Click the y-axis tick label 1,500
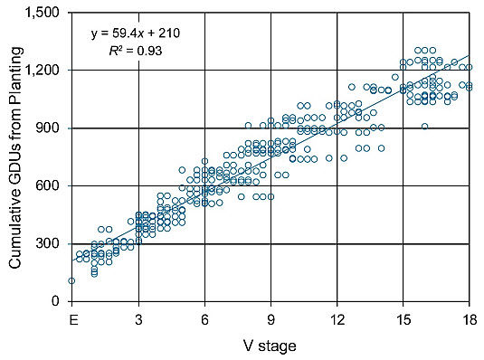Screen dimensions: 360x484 (45, 12)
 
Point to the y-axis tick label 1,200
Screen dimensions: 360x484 (45, 70)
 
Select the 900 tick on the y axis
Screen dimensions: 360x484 (52, 128)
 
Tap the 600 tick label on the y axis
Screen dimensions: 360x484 (52, 185)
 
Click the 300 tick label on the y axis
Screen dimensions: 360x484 (52, 243)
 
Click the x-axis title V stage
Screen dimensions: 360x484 (269, 346)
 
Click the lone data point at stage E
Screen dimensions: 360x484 (71, 280)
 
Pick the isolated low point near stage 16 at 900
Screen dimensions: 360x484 (424, 127)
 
